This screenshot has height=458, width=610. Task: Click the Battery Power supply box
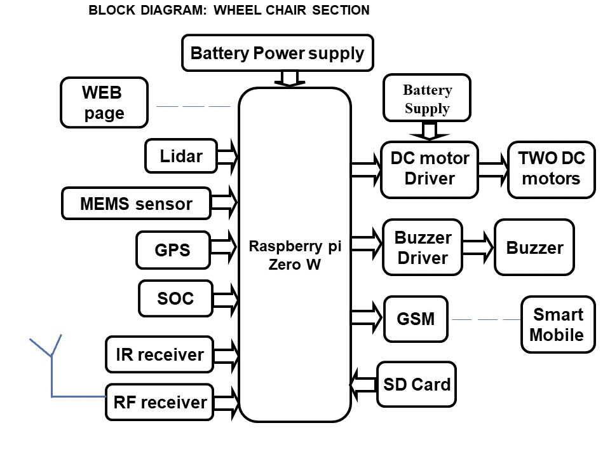click(x=277, y=53)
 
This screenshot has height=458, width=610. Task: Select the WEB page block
click(x=104, y=102)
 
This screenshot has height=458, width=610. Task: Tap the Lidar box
click(x=181, y=156)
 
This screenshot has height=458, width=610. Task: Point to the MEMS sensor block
click(x=136, y=204)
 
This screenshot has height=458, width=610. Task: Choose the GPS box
click(x=172, y=250)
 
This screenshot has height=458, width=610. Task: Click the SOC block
click(x=175, y=298)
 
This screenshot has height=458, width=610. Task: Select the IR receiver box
click(x=159, y=354)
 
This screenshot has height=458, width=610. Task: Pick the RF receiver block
click(x=159, y=402)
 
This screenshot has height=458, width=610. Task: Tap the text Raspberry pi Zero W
click(x=294, y=254)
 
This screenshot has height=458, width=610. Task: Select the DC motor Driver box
click(x=429, y=169)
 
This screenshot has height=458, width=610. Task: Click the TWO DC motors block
click(x=552, y=169)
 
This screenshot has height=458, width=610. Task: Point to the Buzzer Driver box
click(x=423, y=248)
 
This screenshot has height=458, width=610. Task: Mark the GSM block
click(x=416, y=318)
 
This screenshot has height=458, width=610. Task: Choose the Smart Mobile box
click(x=557, y=324)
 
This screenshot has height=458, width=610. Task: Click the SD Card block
click(x=416, y=384)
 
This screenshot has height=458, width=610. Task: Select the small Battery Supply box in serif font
click(x=427, y=99)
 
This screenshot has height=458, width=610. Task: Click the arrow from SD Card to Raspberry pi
click(x=363, y=384)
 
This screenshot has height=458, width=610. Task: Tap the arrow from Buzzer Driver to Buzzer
click(x=478, y=247)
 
